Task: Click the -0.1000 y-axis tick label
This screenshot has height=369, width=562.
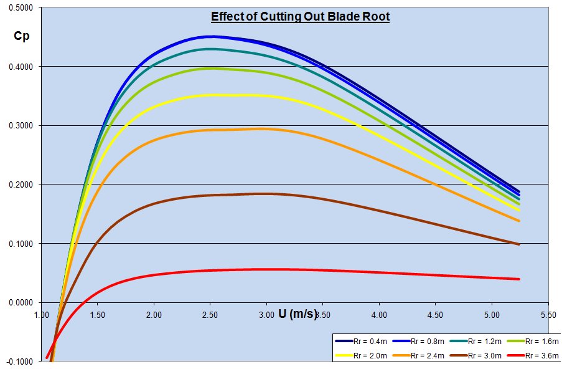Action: coord(22,362)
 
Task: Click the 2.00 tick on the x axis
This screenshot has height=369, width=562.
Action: coord(154,315)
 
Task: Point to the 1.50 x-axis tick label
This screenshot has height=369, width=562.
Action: coord(98,315)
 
